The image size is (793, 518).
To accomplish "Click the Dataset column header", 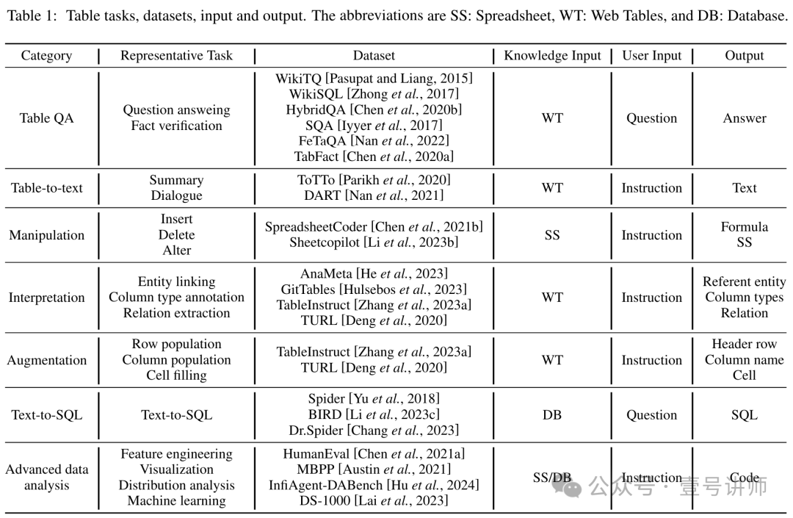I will (x=374, y=56).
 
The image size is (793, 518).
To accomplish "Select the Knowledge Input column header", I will (x=552, y=56).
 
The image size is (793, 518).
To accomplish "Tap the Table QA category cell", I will (x=46, y=118).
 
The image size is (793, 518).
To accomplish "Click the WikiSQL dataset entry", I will (x=374, y=94).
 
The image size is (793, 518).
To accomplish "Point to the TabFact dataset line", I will (x=374, y=157).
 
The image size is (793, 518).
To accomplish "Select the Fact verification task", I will (x=176, y=126).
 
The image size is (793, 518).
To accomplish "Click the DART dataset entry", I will (x=374, y=195).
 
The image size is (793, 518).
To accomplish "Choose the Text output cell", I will (x=744, y=188).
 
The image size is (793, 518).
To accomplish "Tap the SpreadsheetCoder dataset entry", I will (x=374, y=227).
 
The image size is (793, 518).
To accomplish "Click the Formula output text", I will (x=744, y=227).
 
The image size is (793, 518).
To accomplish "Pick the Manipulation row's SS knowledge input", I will (x=552, y=235).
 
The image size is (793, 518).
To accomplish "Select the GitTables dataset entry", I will (x=374, y=289).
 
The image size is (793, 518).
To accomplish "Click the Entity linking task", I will (x=176, y=281).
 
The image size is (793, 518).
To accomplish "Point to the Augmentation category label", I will (x=46, y=360).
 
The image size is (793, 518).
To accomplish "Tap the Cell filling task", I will (x=176, y=375).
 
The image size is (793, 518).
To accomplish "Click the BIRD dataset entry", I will (x=374, y=414).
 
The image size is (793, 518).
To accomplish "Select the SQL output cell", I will (x=744, y=414).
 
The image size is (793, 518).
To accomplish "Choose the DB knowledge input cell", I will (x=552, y=414).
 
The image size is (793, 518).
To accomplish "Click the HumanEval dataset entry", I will (x=374, y=454).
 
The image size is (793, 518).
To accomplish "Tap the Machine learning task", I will (x=176, y=501).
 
